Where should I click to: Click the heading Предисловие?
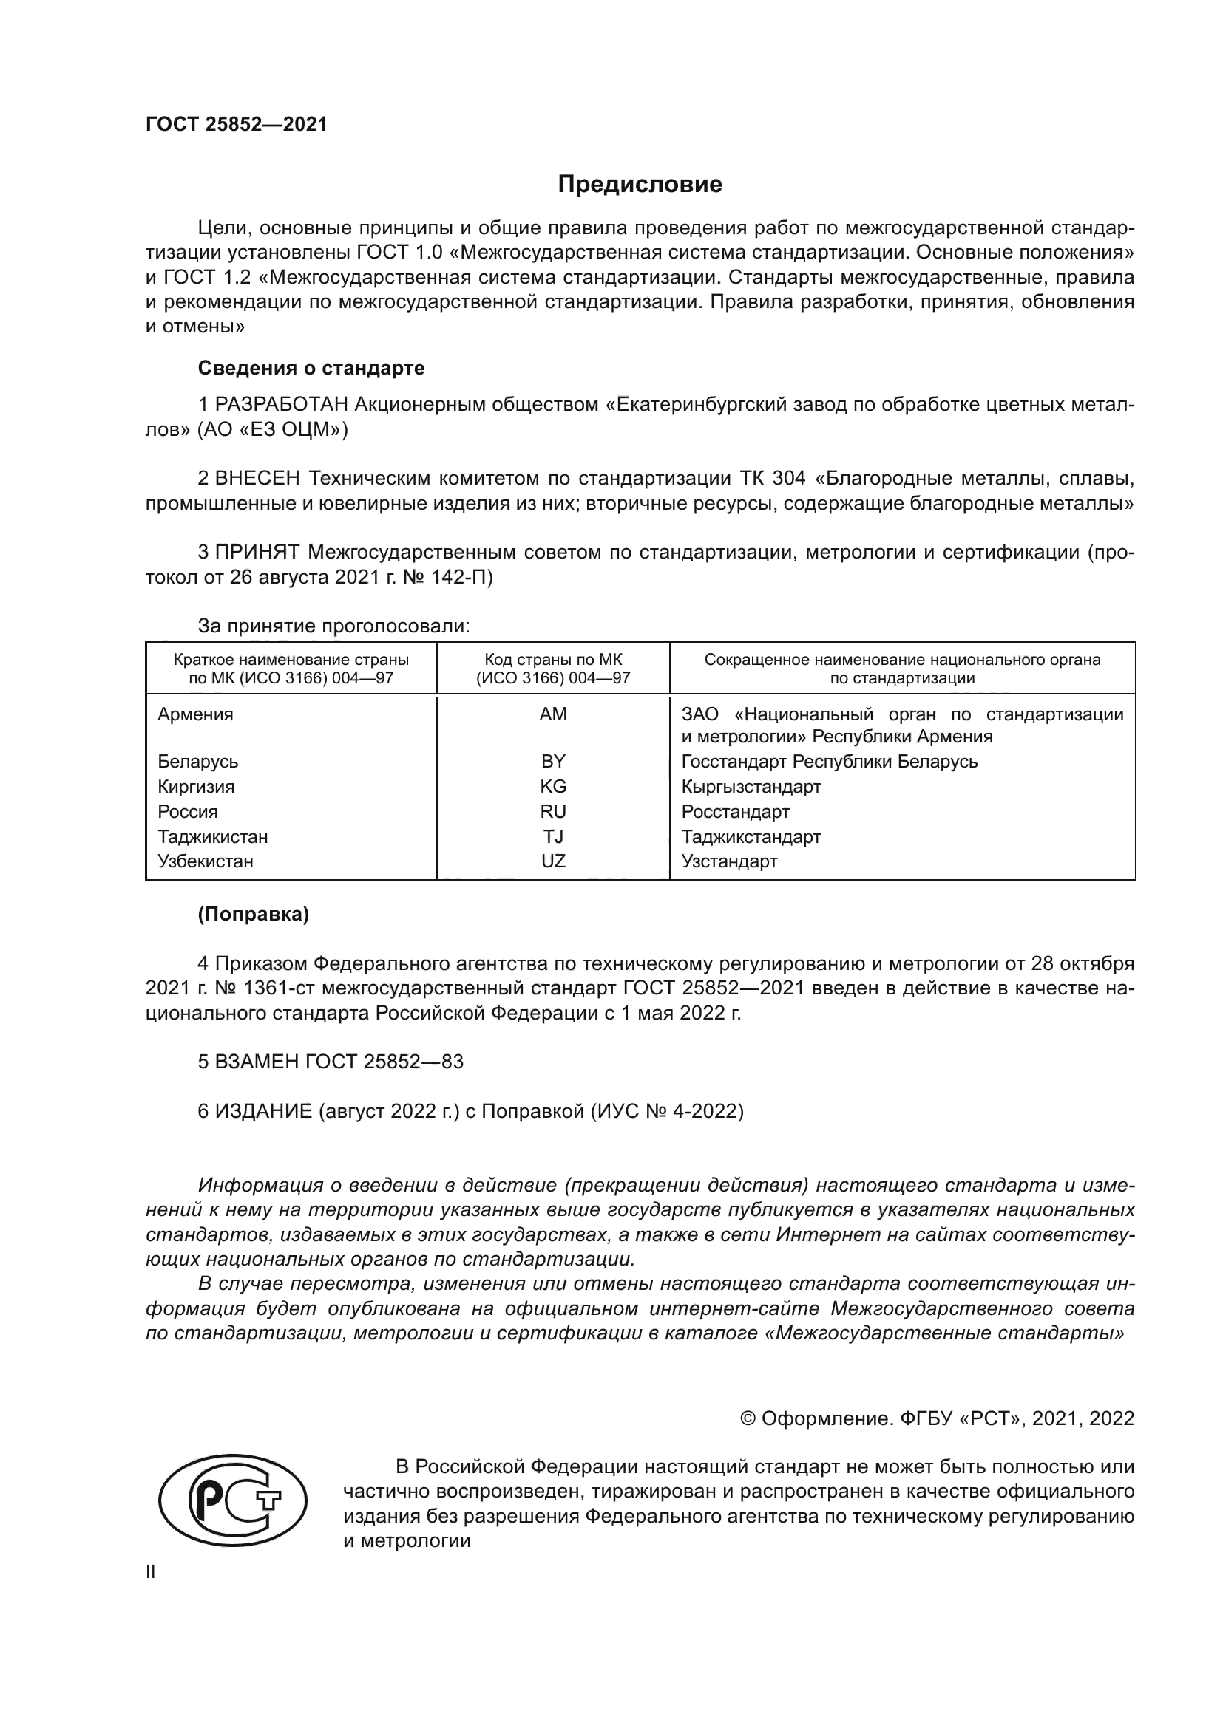pos(640,185)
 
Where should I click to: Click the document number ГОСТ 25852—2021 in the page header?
pos(237,124)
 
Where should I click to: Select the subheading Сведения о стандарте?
pos(311,368)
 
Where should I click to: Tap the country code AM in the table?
pos(553,714)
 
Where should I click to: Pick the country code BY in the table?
pos(553,761)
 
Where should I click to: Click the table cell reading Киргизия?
pos(196,787)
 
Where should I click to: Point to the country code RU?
pos(553,811)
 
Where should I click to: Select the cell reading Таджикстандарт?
pos(751,836)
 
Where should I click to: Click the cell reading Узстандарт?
pos(729,861)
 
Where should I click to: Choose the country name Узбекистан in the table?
pos(205,861)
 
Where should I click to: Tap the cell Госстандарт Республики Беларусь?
pos(829,761)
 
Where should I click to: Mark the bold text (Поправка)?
pos(253,914)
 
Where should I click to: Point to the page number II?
pos(151,1571)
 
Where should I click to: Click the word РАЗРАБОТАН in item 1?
pos(281,405)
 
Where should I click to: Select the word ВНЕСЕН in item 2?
pos(257,479)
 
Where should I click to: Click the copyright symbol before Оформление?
pos(748,1418)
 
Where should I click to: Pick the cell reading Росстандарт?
pos(735,811)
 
